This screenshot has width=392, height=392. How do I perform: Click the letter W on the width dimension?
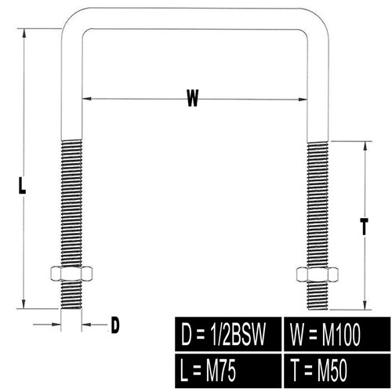click(x=193, y=98)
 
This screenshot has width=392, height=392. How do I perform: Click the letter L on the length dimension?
click(x=22, y=185)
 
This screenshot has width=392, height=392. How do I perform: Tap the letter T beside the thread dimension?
click(x=364, y=227)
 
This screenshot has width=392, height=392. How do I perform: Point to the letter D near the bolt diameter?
click(x=115, y=325)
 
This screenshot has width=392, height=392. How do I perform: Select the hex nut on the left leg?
click(x=71, y=274)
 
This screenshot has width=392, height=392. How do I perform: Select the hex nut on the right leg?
click(x=318, y=274)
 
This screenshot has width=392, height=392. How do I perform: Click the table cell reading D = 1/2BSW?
click(x=228, y=334)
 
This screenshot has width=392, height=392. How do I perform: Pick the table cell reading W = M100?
click(x=337, y=334)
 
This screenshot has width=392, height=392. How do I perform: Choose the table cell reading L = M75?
click(x=228, y=371)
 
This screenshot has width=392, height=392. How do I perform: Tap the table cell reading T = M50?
click(x=337, y=371)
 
